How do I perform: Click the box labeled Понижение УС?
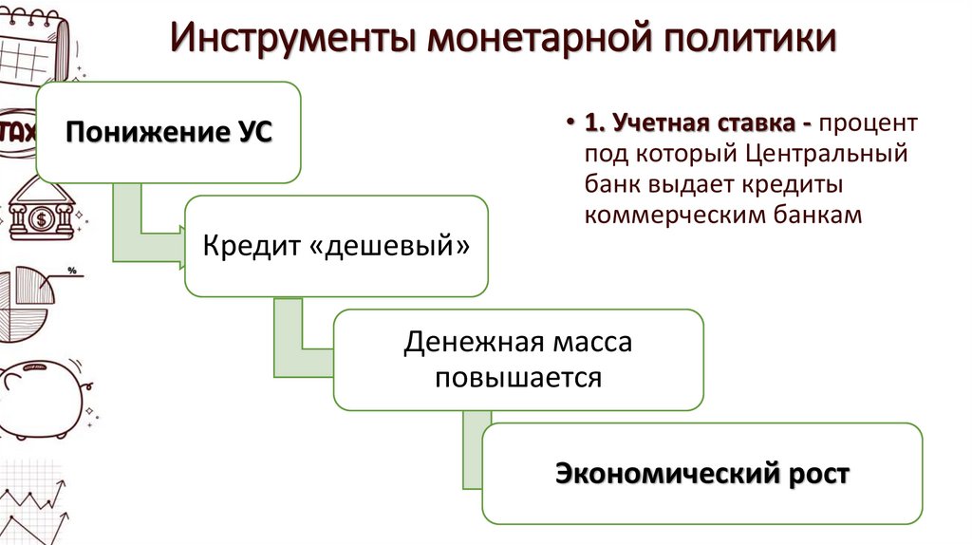pyautogui.click(x=168, y=132)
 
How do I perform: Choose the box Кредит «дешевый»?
pyautogui.click(x=336, y=246)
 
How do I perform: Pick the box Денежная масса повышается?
pyautogui.click(x=518, y=360)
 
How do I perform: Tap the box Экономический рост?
pyautogui.click(x=702, y=473)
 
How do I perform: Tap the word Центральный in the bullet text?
pyautogui.click(x=827, y=154)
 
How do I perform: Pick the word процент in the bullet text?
pyautogui.click(x=869, y=124)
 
